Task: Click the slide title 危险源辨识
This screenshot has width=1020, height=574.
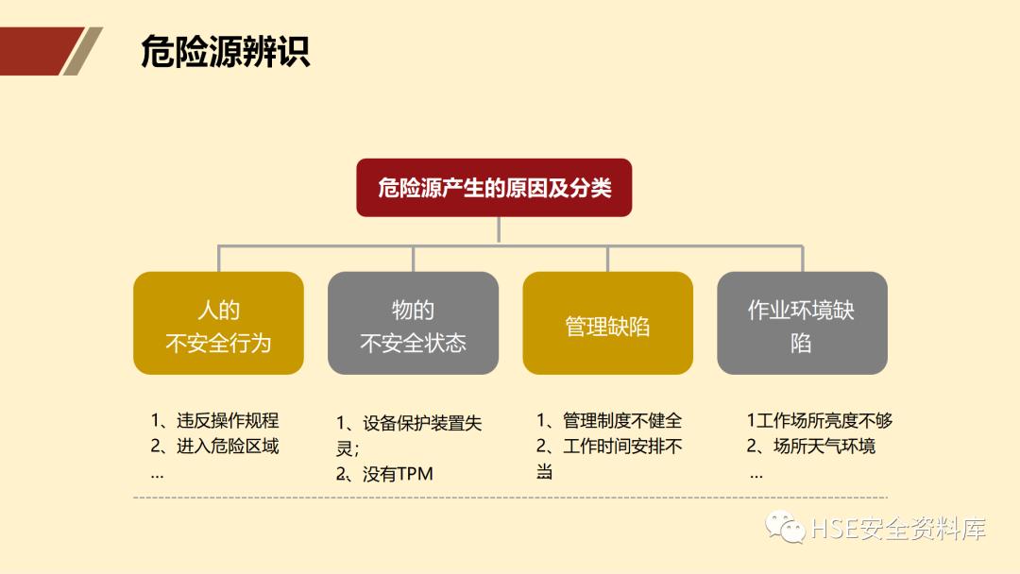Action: click(225, 52)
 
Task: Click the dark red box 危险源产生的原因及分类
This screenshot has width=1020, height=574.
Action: click(494, 187)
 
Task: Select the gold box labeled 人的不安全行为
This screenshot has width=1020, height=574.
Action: click(218, 324)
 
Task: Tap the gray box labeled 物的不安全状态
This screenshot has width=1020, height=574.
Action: click(413, 324)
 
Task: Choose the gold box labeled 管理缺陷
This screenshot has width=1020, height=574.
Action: click(607, 324)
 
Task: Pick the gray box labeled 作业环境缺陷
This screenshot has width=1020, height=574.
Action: click(802, 324)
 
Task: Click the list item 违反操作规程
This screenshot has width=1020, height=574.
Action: click(215, 421)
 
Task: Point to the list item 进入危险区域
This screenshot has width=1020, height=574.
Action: click(215, 446)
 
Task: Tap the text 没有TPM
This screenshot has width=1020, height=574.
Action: click(385, 474)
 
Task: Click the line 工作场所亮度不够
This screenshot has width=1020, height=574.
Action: click(819, 421)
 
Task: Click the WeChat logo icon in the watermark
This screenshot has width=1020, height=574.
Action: click(785, 528)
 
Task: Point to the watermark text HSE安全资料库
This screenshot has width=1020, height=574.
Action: click(898, 530)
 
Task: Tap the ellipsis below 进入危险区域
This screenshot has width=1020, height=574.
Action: click(157, 474)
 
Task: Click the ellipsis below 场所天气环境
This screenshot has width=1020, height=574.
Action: click(756, 474)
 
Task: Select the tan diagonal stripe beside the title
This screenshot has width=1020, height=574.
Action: click(82, 51)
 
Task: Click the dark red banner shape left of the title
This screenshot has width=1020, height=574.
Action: click(34, 51)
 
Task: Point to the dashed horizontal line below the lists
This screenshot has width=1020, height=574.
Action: click(510, 498)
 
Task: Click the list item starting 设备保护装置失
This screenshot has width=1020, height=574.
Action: click(410, 424)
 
